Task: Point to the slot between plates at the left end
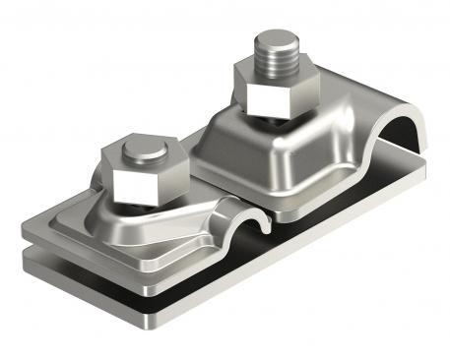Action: click(44, 243)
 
